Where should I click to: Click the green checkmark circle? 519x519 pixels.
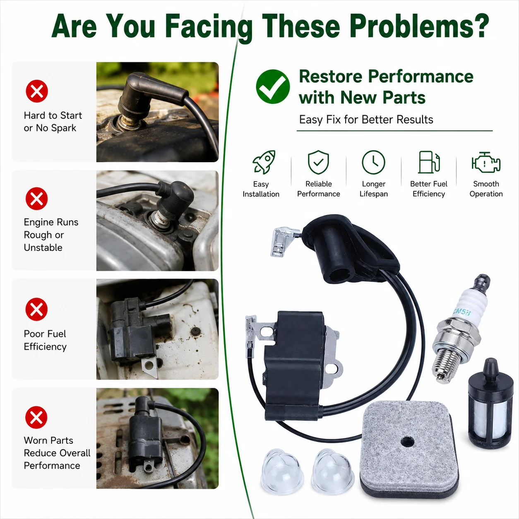point(273,86)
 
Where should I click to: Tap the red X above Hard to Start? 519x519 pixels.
point(37,91)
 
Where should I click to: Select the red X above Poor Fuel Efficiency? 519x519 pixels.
point(36,309)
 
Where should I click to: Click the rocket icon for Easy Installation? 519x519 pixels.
point(264,162)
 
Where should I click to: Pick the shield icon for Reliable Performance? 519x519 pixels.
point(318,162)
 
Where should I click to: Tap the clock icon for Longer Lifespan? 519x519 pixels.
point(374,162)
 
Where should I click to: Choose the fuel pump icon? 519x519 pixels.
point(429,162)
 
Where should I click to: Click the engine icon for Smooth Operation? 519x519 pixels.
point(486,162)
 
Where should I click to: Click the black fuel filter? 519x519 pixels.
point(489,404)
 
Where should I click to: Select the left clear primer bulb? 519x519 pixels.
point(282,471)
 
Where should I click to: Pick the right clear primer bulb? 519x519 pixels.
point(333,471)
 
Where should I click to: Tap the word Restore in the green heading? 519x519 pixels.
point(331,77)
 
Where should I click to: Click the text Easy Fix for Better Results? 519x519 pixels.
point(366,120)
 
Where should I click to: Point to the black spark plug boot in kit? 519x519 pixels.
point(350,249)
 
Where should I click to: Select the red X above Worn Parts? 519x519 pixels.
point(36,418)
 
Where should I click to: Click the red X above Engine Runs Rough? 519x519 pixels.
point(37,199)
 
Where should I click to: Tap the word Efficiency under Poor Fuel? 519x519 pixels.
point(45,347)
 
